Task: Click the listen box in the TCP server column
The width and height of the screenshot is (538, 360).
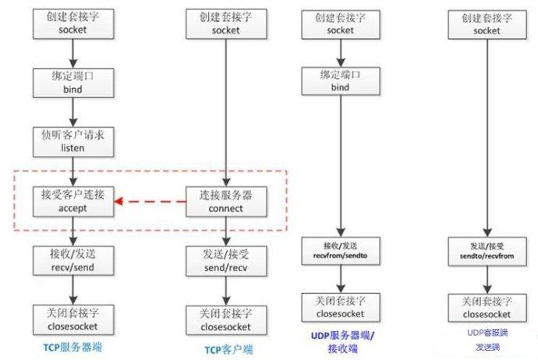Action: (73, 140)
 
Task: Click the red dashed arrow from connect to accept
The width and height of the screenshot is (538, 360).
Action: (152, 204)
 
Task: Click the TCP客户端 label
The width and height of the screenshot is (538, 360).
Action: (226, 349)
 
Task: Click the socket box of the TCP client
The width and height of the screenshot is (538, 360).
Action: (226, 23)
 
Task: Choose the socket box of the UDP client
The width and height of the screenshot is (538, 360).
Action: (487, 23)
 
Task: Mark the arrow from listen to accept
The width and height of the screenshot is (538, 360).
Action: (73, 169)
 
